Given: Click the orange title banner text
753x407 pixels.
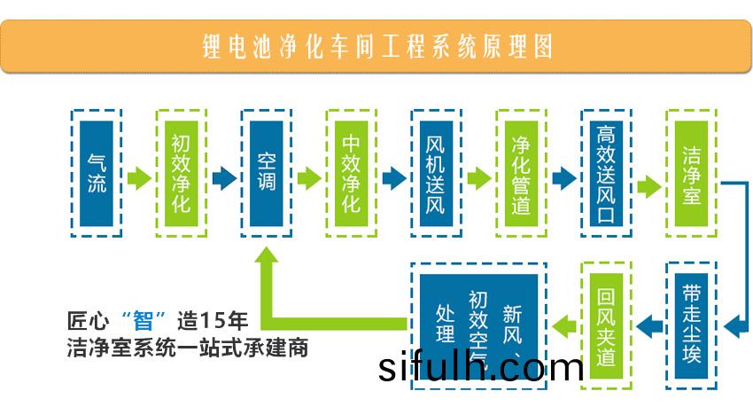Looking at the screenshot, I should pos(376,45).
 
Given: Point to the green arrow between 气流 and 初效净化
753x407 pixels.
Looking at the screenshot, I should pos(139,178).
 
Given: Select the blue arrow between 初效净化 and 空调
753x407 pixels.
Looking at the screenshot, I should pos(224,178).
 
